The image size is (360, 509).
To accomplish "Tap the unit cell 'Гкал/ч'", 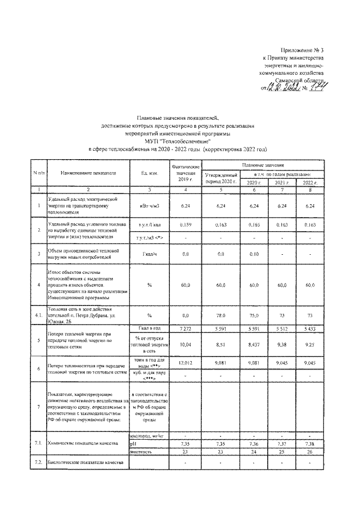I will [x=149, y=254].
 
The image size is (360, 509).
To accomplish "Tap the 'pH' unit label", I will [x=134, y=443].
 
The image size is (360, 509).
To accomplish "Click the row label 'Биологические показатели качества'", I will [x=78, y=462].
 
